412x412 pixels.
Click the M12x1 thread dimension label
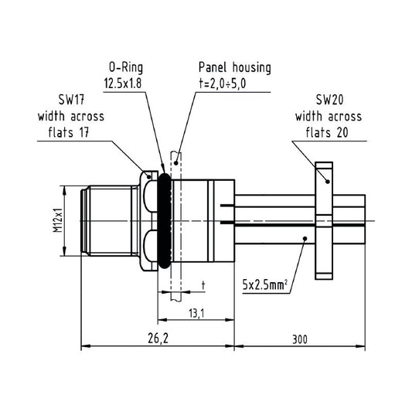pos(58,220)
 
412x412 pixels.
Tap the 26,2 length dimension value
pos(158,338)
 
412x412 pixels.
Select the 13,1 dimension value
pos(196,313)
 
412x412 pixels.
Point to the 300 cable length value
pos(300,339)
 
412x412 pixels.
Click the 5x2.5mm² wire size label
pos(265,284)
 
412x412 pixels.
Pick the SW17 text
pos(71,100)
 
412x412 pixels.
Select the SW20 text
pos(329,100)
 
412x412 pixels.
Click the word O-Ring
pos(126,67)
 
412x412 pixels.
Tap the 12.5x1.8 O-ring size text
pos(123,83)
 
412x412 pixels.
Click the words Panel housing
pos(235,67)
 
